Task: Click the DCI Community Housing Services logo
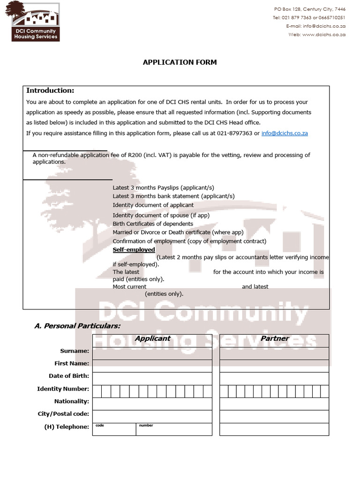pos(36,21)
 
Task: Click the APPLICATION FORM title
pos(180,62)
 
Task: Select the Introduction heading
pos(50,90)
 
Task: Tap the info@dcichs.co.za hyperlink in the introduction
pos(284,133)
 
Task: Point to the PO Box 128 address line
pos(309,9)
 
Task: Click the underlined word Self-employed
pos(134,250)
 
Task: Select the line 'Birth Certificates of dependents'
pos(153,224)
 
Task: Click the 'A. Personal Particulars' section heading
pos(77,325)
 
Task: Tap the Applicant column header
pos(152,338)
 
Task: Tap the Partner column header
pos(274,338)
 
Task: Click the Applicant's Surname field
pos(152,351)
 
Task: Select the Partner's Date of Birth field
pos(274,376)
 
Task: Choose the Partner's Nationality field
pos(274,402)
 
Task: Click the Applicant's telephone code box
pos(114,429)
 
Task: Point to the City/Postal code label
pos(63,414)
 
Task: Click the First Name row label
pos(72,363)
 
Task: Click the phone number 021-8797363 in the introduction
pos(234,133)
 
